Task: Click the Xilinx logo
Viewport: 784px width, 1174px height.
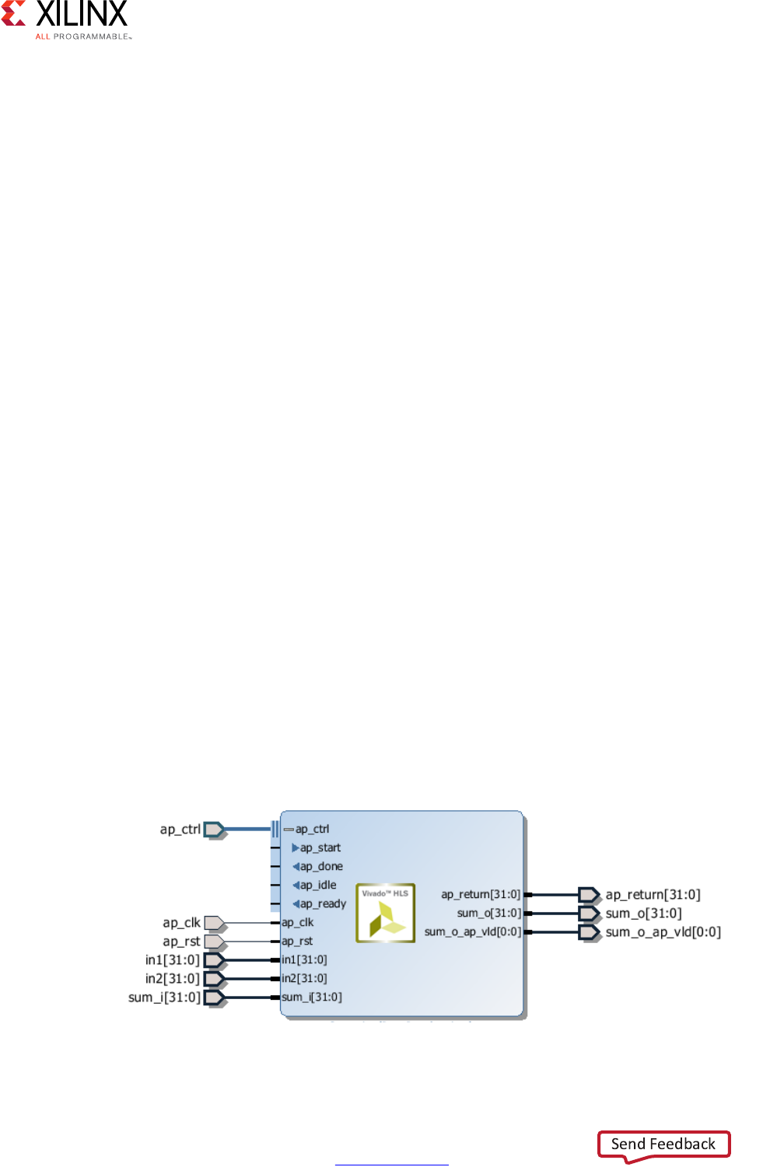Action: coord(65,19)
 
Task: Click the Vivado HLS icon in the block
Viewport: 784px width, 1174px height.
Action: coord(386,913)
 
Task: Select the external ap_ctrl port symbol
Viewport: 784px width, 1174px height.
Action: coord(214,830)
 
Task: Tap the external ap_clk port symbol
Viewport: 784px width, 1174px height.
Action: coord(214,923)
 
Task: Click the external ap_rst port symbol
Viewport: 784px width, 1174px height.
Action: coord(214,942)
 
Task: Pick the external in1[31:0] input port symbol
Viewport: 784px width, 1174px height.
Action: coord(214,960)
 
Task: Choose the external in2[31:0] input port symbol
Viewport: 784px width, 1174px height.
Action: coord(214,979)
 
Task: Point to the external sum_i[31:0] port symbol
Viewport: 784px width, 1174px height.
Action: coord(214,998)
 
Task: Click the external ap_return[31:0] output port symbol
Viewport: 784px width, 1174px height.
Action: coord(589,895)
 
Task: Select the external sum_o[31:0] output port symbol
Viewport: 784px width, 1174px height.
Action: coord(589,914)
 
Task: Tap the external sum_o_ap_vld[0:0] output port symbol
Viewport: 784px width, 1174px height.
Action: coord(589,932)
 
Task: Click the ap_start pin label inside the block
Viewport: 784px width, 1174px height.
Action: coord(320,848)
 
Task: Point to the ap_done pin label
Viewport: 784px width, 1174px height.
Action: coord(321,867)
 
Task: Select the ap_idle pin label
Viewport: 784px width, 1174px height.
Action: coord(318,886)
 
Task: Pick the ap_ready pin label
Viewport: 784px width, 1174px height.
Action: coord(323,904)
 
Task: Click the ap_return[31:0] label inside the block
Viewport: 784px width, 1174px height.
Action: coord(481,895)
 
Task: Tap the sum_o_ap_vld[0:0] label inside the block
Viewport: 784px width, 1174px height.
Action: coord(473,932)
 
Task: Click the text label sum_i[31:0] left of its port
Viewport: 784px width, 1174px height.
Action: coord(164,998)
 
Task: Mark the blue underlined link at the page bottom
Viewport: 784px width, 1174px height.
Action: coord(392,1164)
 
